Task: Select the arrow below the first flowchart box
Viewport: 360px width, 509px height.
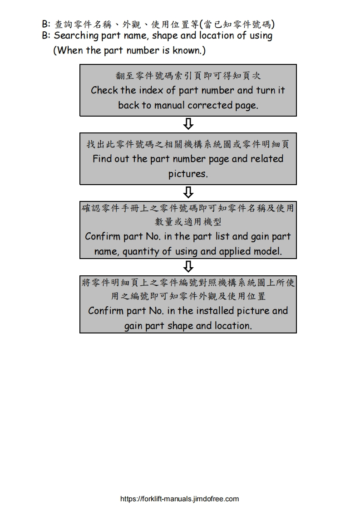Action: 188,123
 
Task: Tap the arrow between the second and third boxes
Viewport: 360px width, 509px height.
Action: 188,192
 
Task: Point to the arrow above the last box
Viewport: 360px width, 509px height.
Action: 188,266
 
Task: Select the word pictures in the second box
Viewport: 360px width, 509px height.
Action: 188,174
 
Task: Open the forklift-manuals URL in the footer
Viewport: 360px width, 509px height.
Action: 179,499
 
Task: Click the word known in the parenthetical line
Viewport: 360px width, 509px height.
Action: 187,50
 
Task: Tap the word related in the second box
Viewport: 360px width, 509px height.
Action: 264,159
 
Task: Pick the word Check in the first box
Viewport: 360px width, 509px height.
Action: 104,90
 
